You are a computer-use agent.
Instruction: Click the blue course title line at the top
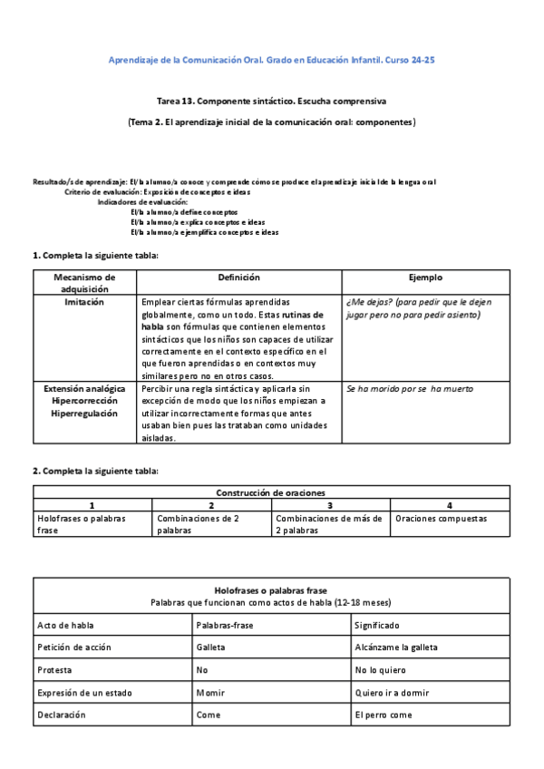coord(272,60)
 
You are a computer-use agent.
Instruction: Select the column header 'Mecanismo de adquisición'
coord(84,282)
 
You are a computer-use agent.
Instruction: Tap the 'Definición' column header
coord(238,277)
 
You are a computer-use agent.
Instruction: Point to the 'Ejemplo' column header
coord(425,277)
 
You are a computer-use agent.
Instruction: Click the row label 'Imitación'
coord(84,302)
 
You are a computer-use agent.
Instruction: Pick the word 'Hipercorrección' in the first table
coord(84,400)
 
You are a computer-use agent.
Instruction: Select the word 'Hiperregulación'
coord(84,413)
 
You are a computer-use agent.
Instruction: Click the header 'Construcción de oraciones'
coord(272,492)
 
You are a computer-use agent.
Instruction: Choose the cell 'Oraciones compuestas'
coord(441,519)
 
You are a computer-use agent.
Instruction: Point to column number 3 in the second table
coord(330,505)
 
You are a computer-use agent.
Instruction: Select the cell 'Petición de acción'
coord(69,648)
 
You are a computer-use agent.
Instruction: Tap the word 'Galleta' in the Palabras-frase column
coord(210,648)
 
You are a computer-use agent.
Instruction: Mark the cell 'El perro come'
coord(383,715)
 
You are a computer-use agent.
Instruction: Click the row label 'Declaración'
coord(62,715)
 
